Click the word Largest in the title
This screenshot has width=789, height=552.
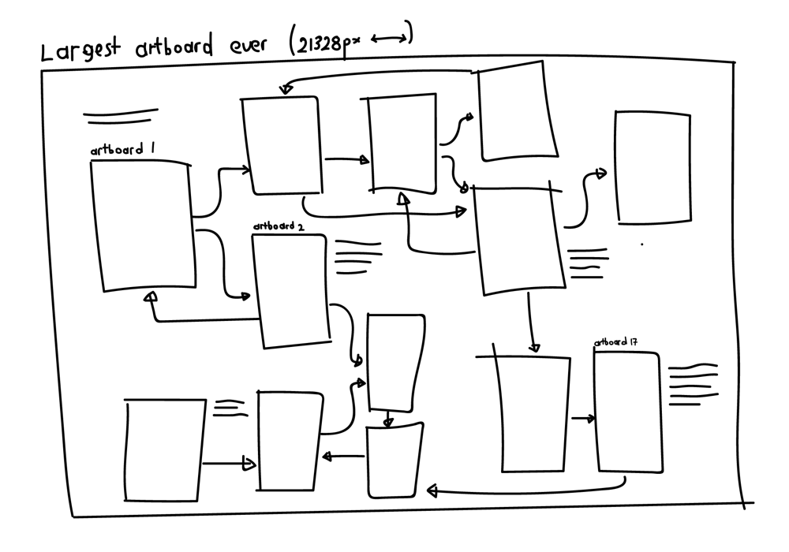80,50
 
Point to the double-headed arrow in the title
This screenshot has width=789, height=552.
391,38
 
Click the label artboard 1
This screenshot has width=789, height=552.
117,150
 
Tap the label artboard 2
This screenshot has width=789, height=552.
279,226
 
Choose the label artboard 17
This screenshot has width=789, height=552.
615,342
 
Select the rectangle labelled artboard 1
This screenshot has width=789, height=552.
144,226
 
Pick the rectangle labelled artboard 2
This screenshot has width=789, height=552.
290,290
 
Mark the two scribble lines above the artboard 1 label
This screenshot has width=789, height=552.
120,117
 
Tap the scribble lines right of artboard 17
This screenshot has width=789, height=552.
693,384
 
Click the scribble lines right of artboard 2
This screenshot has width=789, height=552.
357,257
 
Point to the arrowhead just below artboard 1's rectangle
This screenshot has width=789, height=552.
151,297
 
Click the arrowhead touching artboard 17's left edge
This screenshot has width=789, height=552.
589,419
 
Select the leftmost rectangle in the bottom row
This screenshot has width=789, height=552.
164,449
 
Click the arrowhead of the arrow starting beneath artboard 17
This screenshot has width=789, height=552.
432,491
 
